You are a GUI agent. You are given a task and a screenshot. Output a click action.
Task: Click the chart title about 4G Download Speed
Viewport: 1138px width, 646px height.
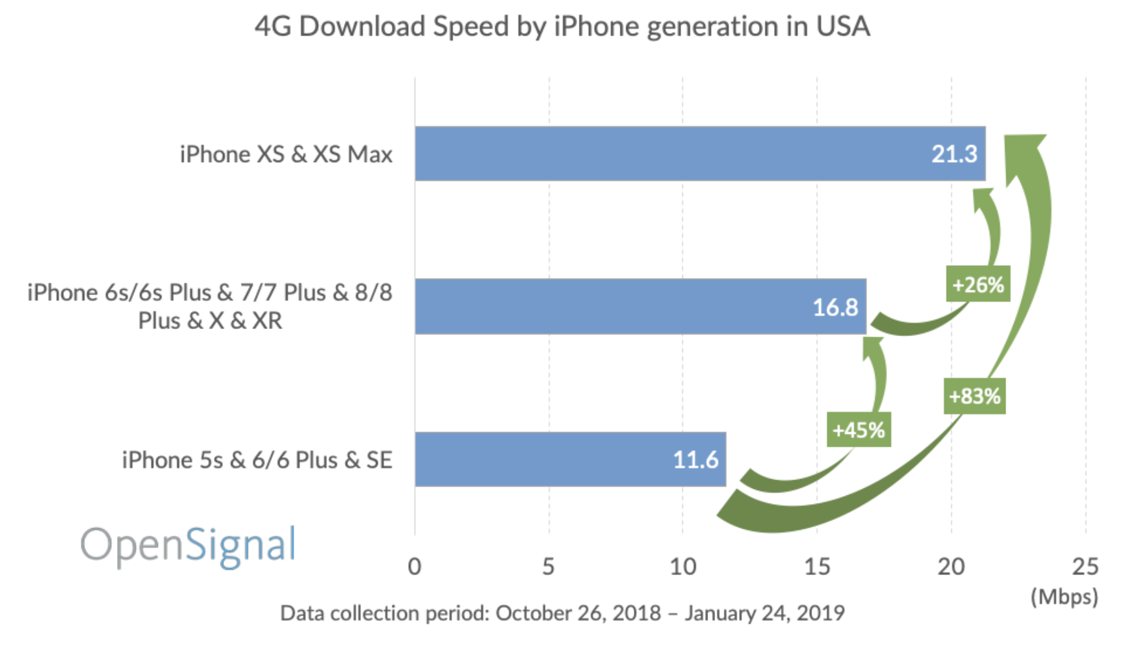point(562,26)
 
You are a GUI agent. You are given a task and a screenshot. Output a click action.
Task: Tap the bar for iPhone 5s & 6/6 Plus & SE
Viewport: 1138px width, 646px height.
point(545,459)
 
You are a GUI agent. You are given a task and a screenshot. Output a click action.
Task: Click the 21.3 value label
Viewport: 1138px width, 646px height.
point(954,154)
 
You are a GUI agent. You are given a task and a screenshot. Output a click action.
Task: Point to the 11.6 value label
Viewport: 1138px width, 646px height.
point(695,459)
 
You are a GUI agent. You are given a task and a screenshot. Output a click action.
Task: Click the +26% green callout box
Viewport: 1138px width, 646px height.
point(978,284)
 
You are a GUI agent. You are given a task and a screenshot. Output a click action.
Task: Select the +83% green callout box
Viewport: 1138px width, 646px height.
point(974,396)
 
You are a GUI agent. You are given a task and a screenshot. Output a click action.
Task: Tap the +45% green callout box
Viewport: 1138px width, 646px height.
point(858,430)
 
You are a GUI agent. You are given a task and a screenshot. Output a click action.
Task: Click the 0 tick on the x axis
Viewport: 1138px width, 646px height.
point(414,567)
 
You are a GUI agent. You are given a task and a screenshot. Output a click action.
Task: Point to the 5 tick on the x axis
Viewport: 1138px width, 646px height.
point(548,567)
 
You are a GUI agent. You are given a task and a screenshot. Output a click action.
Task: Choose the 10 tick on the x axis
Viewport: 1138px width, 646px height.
point(683,567)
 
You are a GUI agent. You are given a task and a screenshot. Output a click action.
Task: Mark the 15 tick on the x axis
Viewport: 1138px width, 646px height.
point(817,567)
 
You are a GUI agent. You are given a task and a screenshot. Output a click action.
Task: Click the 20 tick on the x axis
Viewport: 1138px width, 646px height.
point(951,567)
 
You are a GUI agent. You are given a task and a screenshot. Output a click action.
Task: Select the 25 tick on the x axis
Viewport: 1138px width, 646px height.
point(1085,567)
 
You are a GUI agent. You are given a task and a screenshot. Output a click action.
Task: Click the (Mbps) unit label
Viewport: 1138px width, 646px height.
point(1064,596)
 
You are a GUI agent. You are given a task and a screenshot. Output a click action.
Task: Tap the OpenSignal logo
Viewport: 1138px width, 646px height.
point(189,545)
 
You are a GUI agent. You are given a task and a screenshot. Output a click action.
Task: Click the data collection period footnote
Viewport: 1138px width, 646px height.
point(562,613)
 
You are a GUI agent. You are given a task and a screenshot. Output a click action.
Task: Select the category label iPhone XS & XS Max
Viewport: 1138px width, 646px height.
point(286,154)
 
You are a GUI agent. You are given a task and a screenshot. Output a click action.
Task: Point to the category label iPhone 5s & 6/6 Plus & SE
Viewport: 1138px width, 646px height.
point(257,460)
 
